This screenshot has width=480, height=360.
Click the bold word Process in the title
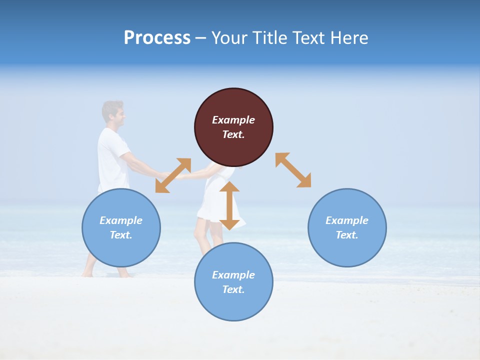pyautogui.click(x=157, y=38)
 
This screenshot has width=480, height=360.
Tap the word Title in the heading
pyautogui.click(x=269, y=38)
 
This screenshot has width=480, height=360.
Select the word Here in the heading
pyautogui.click(x=348, y=38)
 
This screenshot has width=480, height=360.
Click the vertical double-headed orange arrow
pyautogui.click(x=229, y=205)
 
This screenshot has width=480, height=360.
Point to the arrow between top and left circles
pyautogui.click(x=173, y=175)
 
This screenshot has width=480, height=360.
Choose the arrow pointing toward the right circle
pyautogui.click(x=293, y=170)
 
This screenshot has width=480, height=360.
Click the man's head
pyautogui.click(x=113, y=113)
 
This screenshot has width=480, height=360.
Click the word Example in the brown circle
pyautogui.click(x=233, y=120)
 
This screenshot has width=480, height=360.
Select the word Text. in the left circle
pyautogui.click(x=121, y=235)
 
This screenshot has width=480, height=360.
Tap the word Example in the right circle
pyautogui.click(x=347, y=220)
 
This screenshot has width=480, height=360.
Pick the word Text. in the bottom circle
pyautogui.click(x=233, y=289)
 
